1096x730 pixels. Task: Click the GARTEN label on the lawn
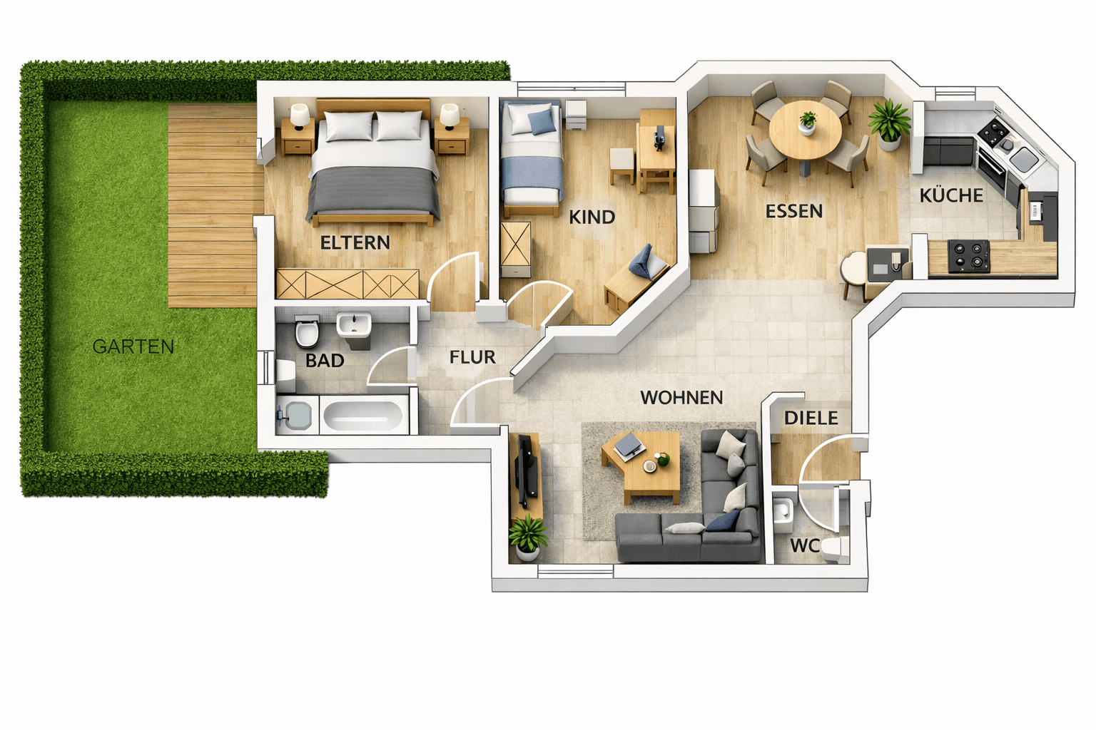[x=133, y=346]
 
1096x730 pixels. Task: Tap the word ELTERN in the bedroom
[x=355, y=243]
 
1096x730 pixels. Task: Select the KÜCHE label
[x=951, y=195]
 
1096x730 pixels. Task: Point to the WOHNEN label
[x=681, y=398]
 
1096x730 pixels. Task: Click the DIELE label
[x=811, y=418]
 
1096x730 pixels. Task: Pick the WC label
[x=804, y=546]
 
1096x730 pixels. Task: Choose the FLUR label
[x=472, y=357]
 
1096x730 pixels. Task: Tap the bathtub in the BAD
[x=363, y=415]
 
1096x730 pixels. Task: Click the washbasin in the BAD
[x=354, y=326]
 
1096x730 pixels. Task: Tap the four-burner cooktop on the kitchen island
[x=968, y=256]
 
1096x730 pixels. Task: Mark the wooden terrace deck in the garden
[x=213, y=207]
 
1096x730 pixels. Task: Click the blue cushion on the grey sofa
[x=722, y=521]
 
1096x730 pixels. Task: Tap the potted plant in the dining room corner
[x=890, y=123]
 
